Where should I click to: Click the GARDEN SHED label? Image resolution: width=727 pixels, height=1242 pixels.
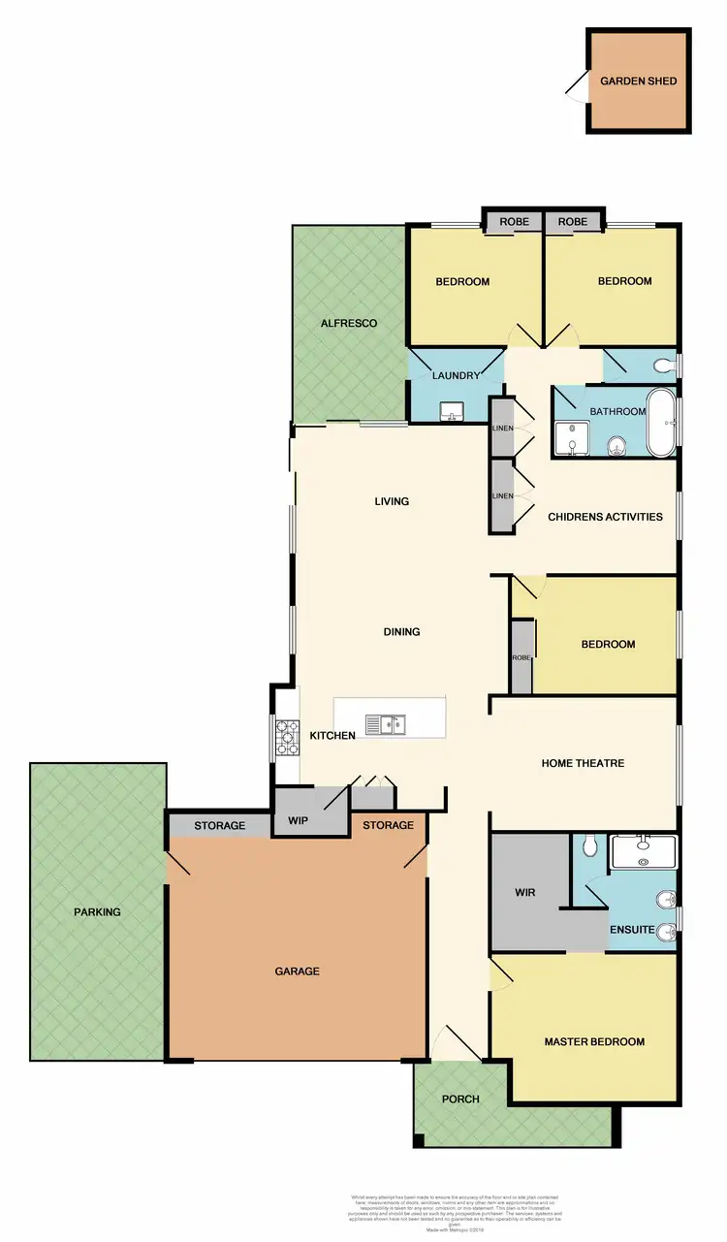point(639,80)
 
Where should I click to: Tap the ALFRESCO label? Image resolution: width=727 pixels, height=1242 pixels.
point(349,323)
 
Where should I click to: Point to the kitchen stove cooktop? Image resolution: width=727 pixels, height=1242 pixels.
point(287,737)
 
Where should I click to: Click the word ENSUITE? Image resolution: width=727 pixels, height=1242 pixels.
point(633,930)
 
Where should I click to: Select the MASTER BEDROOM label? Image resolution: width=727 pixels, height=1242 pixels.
point(594,1042)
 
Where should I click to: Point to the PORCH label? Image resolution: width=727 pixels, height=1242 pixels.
point(460,1099)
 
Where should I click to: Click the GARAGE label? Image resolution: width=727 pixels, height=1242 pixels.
point(297,971)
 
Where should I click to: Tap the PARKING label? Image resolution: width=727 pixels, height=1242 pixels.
point(98,912)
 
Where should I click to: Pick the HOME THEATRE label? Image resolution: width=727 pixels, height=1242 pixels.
point(583,763)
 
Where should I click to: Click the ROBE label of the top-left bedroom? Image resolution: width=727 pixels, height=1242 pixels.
point(515,222)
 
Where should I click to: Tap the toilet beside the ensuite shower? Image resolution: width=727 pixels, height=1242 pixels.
point(588,847)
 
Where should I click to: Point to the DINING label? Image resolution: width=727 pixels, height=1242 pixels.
point(401,632)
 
